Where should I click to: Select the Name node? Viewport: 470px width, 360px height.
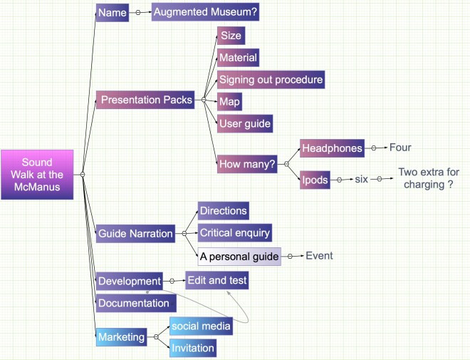click(x=112, y=12)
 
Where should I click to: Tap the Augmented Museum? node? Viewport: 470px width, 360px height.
click(x=205, y=12)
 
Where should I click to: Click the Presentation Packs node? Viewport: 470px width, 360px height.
click(x=146, y=100)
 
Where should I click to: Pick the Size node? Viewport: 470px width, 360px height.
click(x=231, y=36)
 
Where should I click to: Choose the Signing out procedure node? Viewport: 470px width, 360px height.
click(x=271, y=79)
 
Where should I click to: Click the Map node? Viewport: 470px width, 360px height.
click(x=229, y=101)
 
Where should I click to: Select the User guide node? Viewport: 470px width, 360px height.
click(x=245, y=123)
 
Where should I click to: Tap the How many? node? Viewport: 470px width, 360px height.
click(x=246, y=163)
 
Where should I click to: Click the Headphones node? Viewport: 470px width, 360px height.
click(x=333, y=148)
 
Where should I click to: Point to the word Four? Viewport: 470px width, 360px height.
click(x=400, y=148)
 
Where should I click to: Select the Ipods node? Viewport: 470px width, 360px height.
click(x=315, y=180)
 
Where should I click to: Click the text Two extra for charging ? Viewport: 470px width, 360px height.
click(x=426, y=178)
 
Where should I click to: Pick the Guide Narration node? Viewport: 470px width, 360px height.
click(x=135, y=233)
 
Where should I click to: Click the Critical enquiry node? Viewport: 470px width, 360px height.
click(x=235, y=233)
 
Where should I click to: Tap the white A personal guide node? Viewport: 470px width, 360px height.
click(x=239, y=256)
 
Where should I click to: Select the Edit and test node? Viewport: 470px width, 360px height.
click(x=216, y=281)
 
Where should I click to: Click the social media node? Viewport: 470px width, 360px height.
click(x=201, y=326)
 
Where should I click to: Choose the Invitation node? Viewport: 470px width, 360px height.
click(x=192, y=348)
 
